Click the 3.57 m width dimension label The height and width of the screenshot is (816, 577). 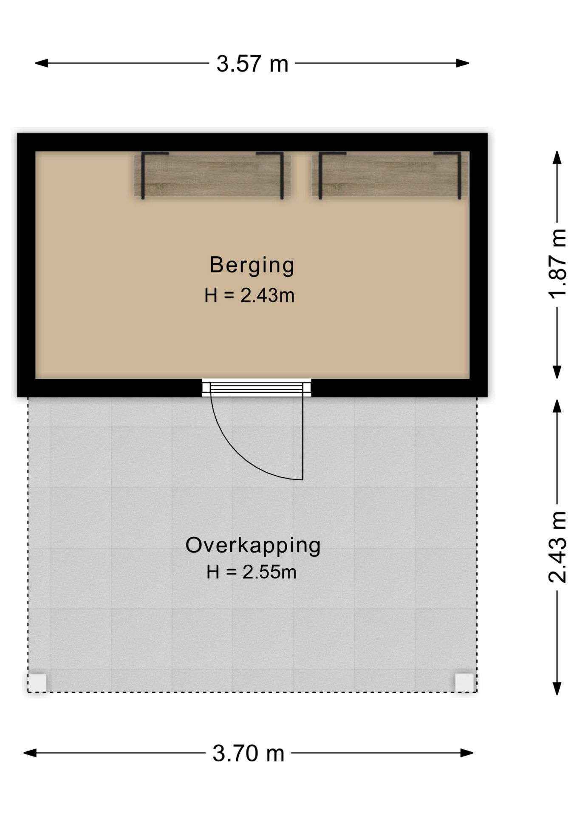point(252,64)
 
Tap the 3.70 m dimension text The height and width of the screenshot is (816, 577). point(249,754)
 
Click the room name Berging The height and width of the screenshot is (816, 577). point(252,265)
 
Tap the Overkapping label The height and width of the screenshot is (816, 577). point(253,546)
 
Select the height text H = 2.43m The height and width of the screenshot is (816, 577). point(249,295)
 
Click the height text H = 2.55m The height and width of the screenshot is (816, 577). point(252,572)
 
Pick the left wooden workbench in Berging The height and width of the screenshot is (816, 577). point(212,175)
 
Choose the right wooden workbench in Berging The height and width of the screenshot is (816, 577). point(390,175)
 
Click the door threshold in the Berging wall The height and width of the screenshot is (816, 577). point(256,388)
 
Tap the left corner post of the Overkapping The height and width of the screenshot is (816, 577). point(37,683)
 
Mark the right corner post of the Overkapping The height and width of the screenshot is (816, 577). point(464,683)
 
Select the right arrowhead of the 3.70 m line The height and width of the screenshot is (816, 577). point(467,753)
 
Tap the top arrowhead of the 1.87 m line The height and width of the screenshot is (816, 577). point(557,157)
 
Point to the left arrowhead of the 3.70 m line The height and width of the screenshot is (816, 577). point(30,753)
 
